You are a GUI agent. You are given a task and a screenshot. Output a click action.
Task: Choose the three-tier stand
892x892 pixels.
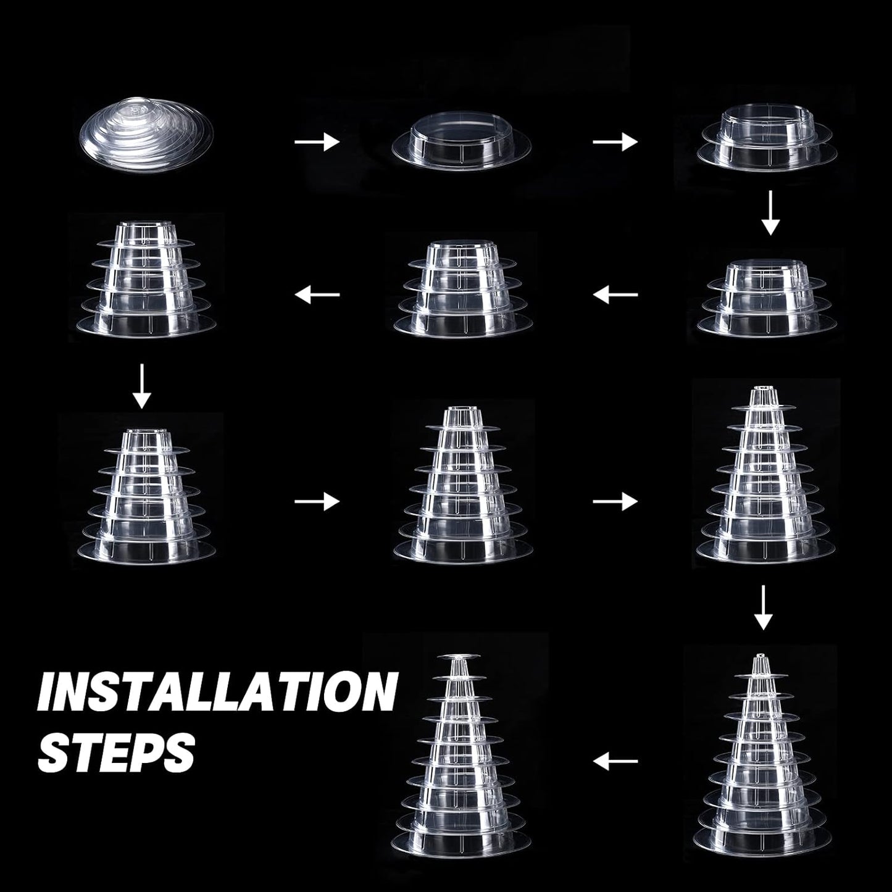[767, 297]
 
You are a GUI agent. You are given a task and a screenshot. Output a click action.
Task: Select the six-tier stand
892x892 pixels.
[147, 497]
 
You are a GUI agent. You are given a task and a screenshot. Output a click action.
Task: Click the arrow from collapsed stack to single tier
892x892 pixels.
[317, 141]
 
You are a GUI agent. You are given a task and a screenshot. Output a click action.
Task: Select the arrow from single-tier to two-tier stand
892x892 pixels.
[615, 141]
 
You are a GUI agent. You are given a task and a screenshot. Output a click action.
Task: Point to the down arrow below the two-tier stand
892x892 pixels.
[770, 213]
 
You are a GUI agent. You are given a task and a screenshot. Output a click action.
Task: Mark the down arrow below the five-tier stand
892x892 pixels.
[142, 386]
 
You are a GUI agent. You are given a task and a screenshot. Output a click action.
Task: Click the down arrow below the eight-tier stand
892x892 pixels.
[764, 607]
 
